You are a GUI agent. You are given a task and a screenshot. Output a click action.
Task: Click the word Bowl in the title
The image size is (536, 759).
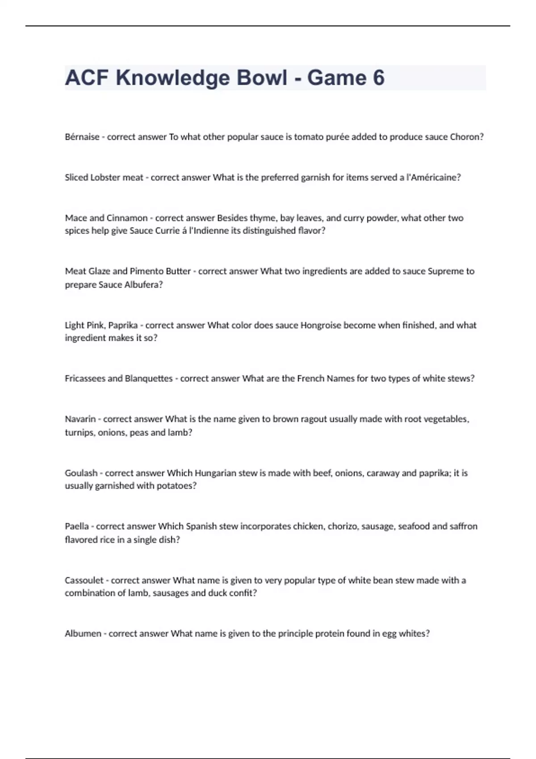pyautogui.click(x=262, y=78)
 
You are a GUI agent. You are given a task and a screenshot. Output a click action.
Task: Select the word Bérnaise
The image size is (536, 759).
pyautogui.click(x=82, y=137)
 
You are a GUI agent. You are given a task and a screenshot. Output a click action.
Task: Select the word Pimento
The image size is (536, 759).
pyautogui.click(x=147, y=271)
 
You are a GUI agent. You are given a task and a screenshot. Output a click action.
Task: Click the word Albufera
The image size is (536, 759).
pyautogui.click(x=144, y=284)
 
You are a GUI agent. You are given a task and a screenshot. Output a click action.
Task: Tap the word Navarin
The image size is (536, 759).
pyautogui.click(x=80, y=419)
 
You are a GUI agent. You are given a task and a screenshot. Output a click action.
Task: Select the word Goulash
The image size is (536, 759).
pyautogui.click(x=81, y=473)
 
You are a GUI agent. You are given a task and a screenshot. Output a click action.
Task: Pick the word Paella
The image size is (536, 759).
pyautogui.click(x=77, y=526)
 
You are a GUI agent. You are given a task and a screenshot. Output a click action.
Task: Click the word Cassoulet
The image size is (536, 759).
pyautogui.click(x=84, y=580)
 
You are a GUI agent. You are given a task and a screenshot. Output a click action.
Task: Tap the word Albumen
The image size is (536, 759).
pyautogui.click(x=83, y=634)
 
